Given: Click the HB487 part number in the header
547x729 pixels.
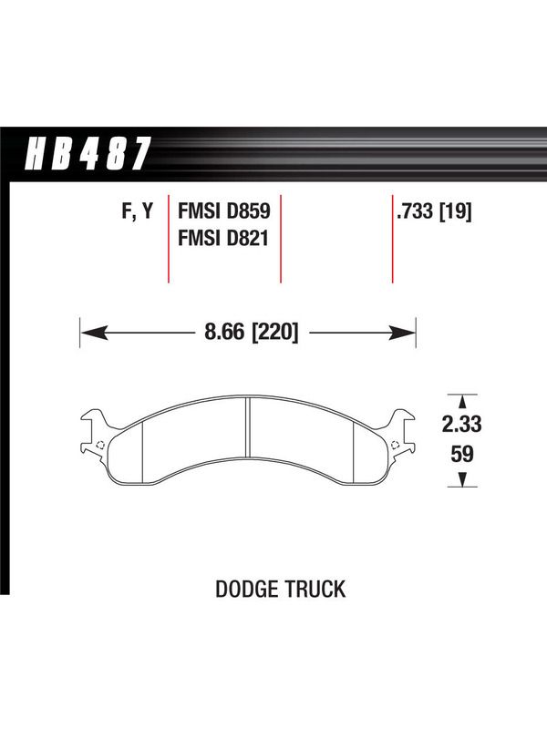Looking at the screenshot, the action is (x=88, y=153).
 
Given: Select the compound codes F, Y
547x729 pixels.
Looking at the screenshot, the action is (x=138, y=211).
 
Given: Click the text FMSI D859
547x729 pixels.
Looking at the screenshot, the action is (x=223, y=211).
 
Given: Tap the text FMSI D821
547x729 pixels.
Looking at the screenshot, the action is (x=223, y=239).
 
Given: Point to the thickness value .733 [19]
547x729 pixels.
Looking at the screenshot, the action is (x=434, y=212).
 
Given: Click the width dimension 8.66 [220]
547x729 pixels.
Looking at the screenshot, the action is (x=252, y=333).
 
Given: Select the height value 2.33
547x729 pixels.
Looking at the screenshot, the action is (x=461, y=425).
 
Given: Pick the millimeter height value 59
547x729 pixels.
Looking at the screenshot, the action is (x=462, y=454).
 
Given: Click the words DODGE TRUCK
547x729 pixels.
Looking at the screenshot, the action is (x=281, y=589).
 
